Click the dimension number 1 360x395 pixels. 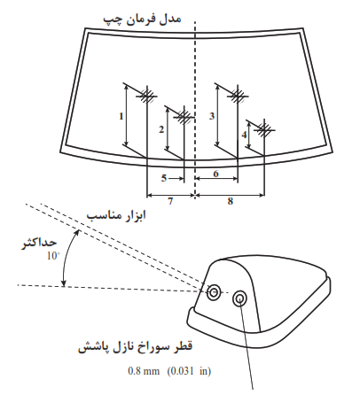pyautogui.click(x=121, y=116)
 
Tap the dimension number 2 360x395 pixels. pyautogui.click(x=161, y=129)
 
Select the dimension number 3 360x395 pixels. pyautogui.click(x=212, y=116)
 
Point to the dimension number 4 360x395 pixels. pyautogui.click(x=244, y=135)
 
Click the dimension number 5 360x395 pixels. pyautogui.click(x=164, y=178)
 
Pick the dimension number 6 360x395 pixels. pyautogui.click(x=216, y=174)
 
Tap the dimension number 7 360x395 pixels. pyautogui.click(x=170, y=201)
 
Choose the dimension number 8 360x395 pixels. pyautogui.click(x=231, y=201)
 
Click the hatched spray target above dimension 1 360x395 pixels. pyautogui.click(x=147, y=96)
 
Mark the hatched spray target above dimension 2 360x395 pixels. pyautogui.click(x=184, y=117)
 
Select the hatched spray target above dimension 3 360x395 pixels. pyautogui.click(x=238, y=96)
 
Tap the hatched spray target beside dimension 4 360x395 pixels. pyautogui.click(x=264, y=129)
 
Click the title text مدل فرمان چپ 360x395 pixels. pyautogui.click(x=142, y=19)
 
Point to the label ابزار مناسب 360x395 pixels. pyautogui.click(x=116, y=215)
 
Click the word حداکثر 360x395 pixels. pyautogui.click(x=39, y=244)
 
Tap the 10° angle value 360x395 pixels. pyautogui.click(x=53, y=256)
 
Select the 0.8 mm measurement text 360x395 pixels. pyautogui.click(x=144, y=371)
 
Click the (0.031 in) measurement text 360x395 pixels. pyautogui.click(x=189, y=371)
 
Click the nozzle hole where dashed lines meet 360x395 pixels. pyautogui.click(x=214, y=292)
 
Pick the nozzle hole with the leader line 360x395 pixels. pyautogui.click(x=239, y=299)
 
